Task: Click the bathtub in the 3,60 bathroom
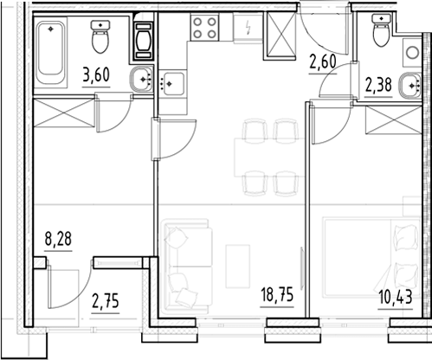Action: tap(50, 52)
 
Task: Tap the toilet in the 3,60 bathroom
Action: tap(100, 36)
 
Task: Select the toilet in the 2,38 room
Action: tap(381, 30)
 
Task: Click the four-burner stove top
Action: tap(204, 28)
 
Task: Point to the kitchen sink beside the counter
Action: tap(173, 84)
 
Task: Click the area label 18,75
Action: tap(277, 296)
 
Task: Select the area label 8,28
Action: tap(58, 240)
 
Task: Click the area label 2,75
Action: tap(106, 302)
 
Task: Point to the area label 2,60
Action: tap(323, 62)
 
